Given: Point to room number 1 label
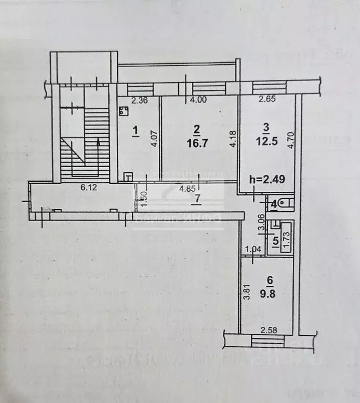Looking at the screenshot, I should pyautogui.click(x=135, y=129).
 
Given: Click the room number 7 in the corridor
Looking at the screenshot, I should pyautogui.click(x=197, y=198).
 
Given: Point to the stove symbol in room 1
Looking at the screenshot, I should pyautogui.click(x=124, y=111).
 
